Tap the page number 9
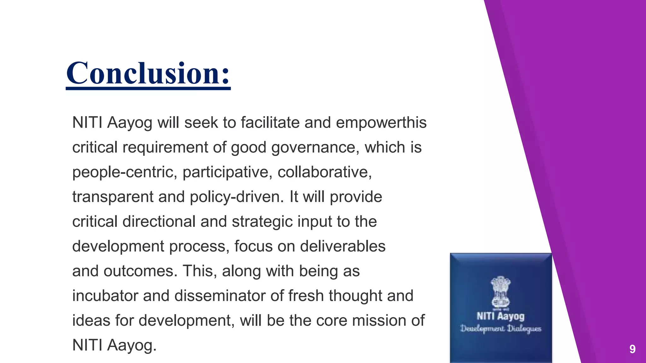click(x=632, y=349)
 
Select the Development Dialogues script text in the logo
click(x=501, y=329)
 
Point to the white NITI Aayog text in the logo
click(x=501, y=316)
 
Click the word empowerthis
click(x=381, y=123)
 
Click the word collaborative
click(x=325, y=172)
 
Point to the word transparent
click(x=113, y=197)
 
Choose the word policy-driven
click(x=237, y=197)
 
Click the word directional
click(x=159, y=222)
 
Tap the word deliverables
click(x=343, y=246)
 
